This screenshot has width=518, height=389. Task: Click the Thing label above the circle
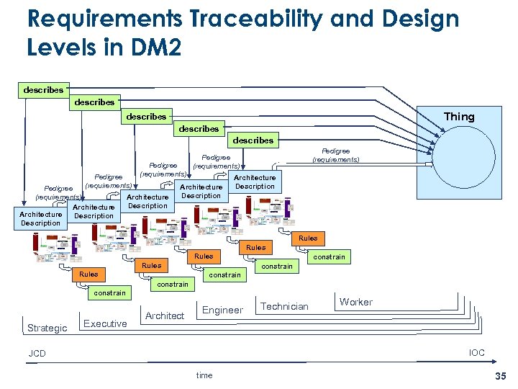[459, 117]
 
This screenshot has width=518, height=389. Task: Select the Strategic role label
[47, 328]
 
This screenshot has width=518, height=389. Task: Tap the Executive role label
[105, 323]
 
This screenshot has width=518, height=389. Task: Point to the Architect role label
[165, 316]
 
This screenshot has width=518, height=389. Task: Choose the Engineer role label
[222, 310]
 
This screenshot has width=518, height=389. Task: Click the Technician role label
[284, 306]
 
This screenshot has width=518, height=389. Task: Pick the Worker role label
[356, 302]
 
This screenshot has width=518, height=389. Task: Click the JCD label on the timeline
[37, 354]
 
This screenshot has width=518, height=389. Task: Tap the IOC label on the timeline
[476, 352]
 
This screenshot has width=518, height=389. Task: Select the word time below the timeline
[204, 375]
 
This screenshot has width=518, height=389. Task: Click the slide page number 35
[500, 375]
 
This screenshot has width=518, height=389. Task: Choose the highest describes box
[43, 90]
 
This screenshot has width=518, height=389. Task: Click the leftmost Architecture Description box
[41, 218]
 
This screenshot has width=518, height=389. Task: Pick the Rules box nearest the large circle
[308, 238]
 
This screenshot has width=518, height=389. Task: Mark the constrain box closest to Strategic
[109, 292]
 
